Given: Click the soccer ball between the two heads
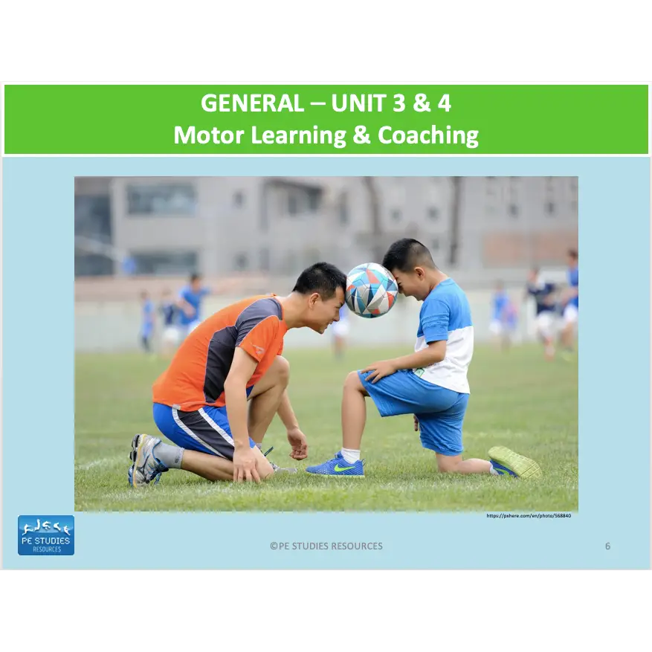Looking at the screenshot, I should pos(371,290).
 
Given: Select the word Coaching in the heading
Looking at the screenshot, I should pos(428,135).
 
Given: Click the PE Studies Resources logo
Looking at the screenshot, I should pos(46,535).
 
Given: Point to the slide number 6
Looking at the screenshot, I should pos(607,546).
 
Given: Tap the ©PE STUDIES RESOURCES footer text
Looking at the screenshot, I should pos(326,546).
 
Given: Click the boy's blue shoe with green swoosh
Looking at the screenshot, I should pos(336,465).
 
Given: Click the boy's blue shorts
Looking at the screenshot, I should pos(416,405).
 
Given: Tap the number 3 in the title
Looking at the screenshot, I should pos(394,103).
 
